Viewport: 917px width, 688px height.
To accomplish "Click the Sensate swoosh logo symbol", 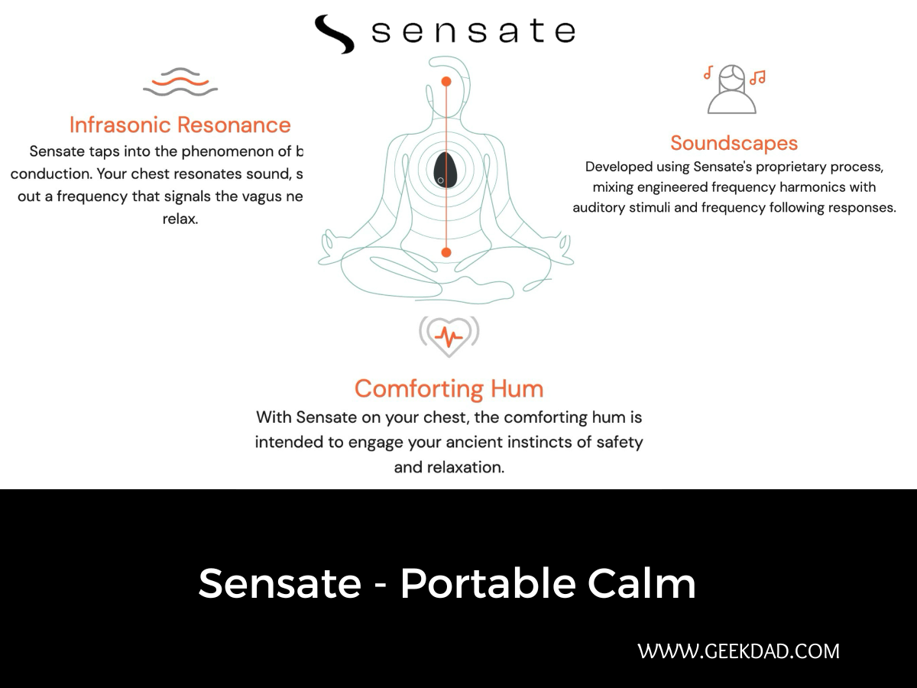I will pyautogui.click(x=334, y=34).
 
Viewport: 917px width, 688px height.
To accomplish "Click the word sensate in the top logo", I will pyautogui.click(x=472, y=31).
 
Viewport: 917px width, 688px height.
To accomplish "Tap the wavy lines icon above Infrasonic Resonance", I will pyautogui.click(x=180, y=83).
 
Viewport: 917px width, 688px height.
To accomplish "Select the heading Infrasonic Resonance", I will pyautogui.click(x=180, y=125).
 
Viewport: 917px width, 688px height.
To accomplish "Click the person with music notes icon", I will pyautogui.click(x=733, y=88).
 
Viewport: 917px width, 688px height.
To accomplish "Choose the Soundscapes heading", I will pyautogui.click(x=734, y=143).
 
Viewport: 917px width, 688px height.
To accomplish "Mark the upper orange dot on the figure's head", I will pyautogui.click(x=446, y=81).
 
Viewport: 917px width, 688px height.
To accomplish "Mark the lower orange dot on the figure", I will pyautogui.click(x=446, y=252).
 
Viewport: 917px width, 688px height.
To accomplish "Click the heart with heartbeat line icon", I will pyautogui.click(x=449, y=336).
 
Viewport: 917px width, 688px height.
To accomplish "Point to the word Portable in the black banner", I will pyautogui.click(x=488, y=583).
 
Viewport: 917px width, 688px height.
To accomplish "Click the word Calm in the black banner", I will pyautogui.click(x=642, y=583).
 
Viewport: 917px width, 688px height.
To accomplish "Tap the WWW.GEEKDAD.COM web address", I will pyautogui.click(x=738, y=651).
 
